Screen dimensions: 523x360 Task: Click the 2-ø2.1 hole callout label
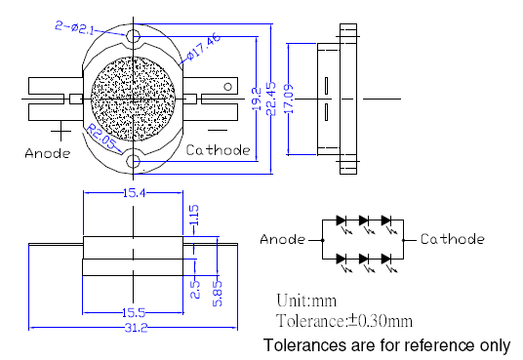pyautogui.click(x=74, y=27)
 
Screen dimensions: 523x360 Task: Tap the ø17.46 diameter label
pyautogui.click(x=204, y=46)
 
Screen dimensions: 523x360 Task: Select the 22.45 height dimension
pyautogui.click(x=271, y=99)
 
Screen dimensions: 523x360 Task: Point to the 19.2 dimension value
pyautogui.click(x=257, y=100)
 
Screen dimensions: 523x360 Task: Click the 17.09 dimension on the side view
pyautogui.click(x=289, y=99)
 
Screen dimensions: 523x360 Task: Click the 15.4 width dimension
pyautogui.click(x=134, y=193)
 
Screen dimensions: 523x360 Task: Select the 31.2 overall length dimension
pyautogui.click(x=136, y=328)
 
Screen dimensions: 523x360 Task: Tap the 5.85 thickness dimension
pyautogui.click(x=218, y=294)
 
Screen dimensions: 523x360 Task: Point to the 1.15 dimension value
pyautogui.click(x=194, y=215)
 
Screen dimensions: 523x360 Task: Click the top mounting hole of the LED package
pyautogui.click(x=133, y=35)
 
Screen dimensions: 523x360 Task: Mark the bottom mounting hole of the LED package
pyautogui.click(x=133, y=162)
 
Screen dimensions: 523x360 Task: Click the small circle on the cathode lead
pyautogui.click(x=227, y=87)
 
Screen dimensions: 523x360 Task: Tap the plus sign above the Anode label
pyautogui.click(x=60, y=131)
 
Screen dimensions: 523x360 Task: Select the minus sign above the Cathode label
pyautogui.click(x=218, y=130)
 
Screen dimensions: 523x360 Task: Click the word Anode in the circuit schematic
pyautogui.click(x=283, y=239)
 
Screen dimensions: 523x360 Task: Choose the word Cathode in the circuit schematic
pyautogui.click(x=453, y=239)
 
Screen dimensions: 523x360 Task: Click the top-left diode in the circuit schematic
pyautogui.click(x=342, y=220)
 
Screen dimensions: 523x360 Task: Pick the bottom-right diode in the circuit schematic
pyautogui.click(x=386, y=259)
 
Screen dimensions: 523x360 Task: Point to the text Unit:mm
pyautogui.click(x=306, y=300)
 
